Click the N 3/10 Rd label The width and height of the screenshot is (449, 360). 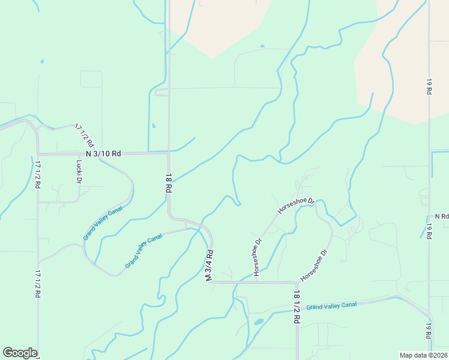pos(103,154)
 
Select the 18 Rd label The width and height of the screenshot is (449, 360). pos(169,182)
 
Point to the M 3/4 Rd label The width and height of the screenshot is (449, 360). pos(209,266)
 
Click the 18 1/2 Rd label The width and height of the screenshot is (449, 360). pos(297,307)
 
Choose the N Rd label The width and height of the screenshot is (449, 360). pos(442,216)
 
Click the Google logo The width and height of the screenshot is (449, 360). pos(20,353)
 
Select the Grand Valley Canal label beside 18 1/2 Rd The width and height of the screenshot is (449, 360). pos(331,305)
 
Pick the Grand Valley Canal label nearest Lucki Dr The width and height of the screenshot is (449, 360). pos(103,223)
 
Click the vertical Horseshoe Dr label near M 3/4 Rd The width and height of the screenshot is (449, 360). pos(258,257)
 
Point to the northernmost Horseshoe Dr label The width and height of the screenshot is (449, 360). pos(296,205)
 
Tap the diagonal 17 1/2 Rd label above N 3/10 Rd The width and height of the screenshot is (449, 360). pos(85,136)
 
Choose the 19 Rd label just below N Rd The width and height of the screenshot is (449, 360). pos(429,231)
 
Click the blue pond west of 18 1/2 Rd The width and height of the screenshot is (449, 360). pos(259,322)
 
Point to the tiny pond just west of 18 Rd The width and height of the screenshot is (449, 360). pos(153,127)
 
